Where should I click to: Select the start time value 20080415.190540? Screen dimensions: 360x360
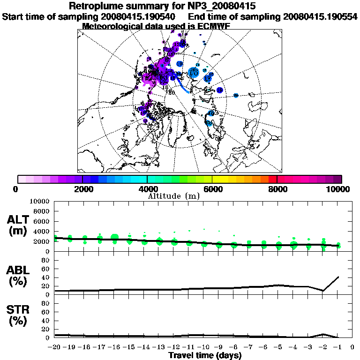click(139, 17)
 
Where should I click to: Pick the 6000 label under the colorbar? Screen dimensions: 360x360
click(213, 189)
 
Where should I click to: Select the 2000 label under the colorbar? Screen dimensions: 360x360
click(82, 189)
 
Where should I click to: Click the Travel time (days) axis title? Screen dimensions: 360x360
click(205, 356)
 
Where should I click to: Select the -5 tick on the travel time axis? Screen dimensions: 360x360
click(278, 347)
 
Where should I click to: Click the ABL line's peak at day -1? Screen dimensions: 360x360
click(338, 277)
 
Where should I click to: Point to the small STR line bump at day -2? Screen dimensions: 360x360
click(323, 334)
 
